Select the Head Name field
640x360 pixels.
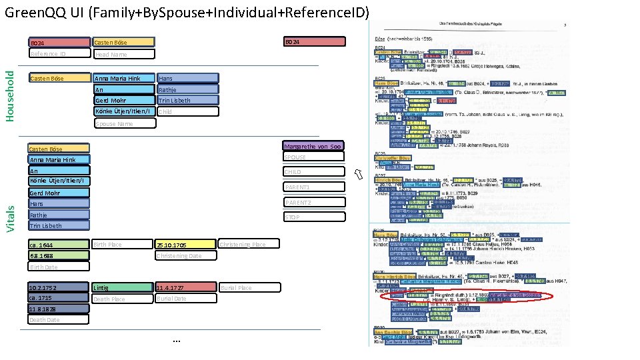tap(124, 54)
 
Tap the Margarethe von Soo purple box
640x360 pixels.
tap(313, 146)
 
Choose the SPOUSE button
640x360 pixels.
tap(313, 157)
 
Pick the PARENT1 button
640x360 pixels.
tap(313, 187)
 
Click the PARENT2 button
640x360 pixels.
tap(313, 203)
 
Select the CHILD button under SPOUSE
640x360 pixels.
tap(313, 172)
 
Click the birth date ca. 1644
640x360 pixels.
tap(59, 245)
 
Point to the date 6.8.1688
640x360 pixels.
tap(59, 256)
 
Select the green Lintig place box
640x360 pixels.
tap(122, 287)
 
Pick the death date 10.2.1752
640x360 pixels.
tap(59, 287)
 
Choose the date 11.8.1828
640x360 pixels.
tap(59, 309)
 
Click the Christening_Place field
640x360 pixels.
tap(249, 245)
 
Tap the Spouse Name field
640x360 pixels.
tap(124, 123)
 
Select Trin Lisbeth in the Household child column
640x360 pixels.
tap(187, 101)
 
